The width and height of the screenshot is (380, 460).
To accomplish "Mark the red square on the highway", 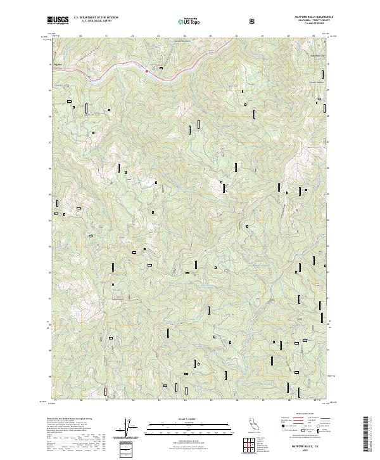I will [147, 71].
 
